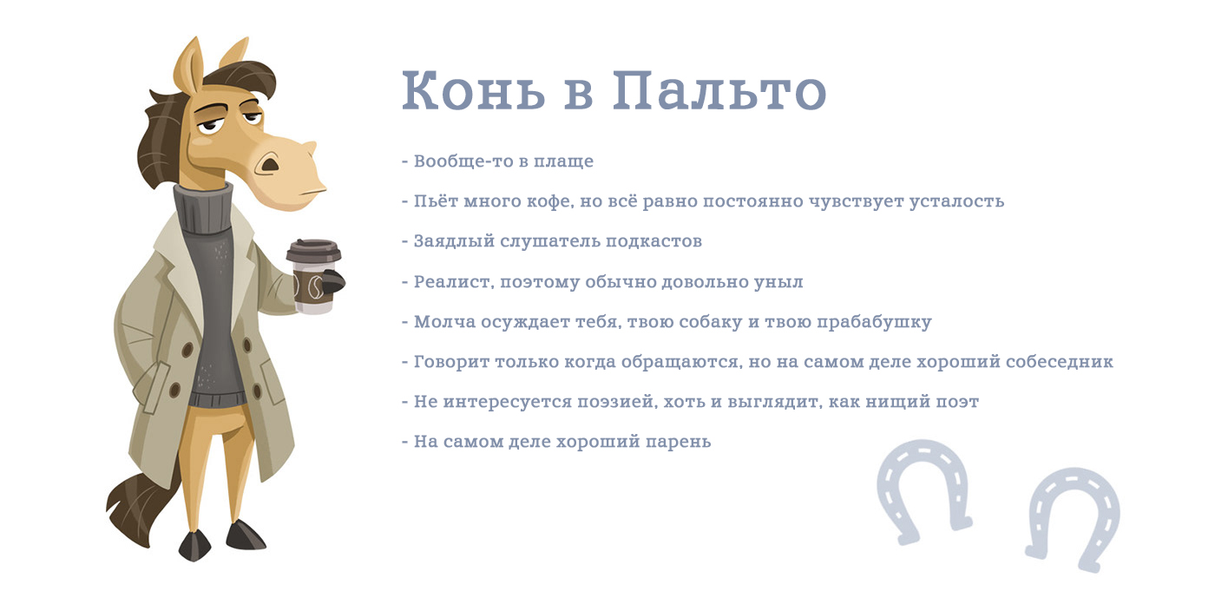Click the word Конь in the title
[474, 90]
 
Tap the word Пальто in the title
[719, 90]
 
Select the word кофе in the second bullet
[549, 202]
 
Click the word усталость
[956, 202]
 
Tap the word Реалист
[454, 282]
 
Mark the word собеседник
[1060, 362]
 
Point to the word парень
[678, 443]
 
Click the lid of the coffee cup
[313, 250]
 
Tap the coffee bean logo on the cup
[315, 287]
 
